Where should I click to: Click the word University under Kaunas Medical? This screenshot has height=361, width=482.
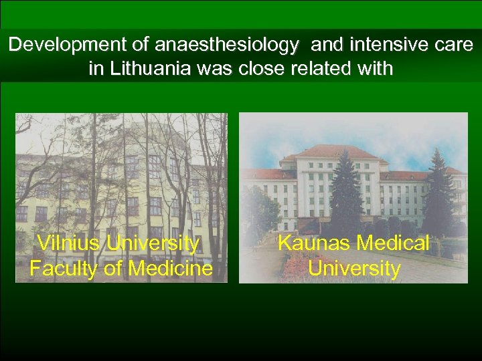click(x=354, y=269)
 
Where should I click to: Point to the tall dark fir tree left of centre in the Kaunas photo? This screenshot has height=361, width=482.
click(x=346, y=194)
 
